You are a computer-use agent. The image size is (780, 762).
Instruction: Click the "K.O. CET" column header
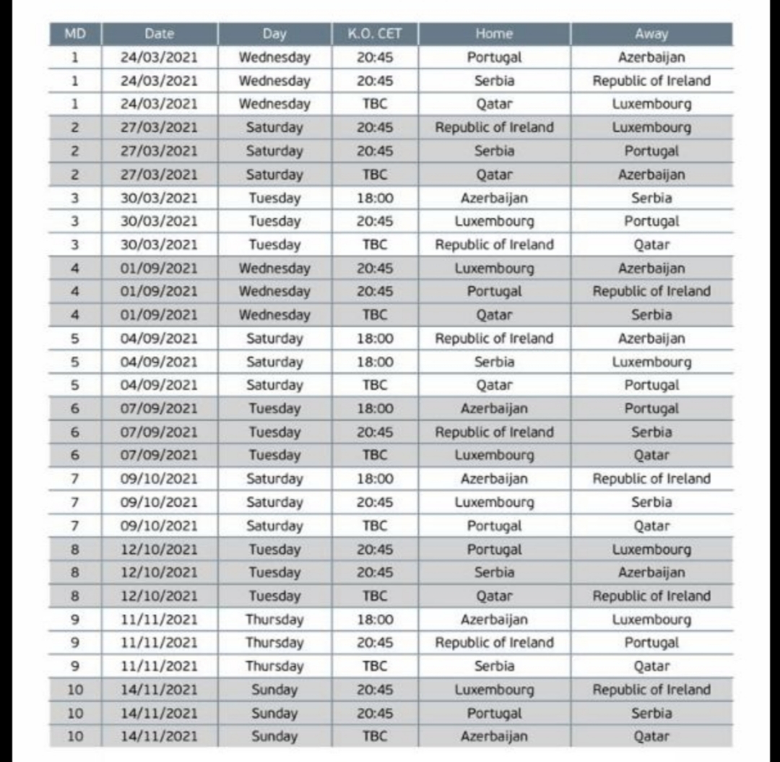(x=374, y=34)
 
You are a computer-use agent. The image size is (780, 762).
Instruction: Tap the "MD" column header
(x=75, y=34)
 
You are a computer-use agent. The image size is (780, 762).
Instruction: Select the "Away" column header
(x=651, y=34)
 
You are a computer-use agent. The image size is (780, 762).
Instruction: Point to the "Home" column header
(x=494, y=34)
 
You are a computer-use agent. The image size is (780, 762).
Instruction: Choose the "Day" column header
(x=274, y=34)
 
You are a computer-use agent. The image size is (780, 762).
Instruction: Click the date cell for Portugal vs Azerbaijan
(x=159, y=57)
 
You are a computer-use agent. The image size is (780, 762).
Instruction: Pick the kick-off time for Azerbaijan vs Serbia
(x=374, y=198)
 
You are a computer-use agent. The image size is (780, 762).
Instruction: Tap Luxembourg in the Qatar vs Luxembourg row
(x=651, y=104)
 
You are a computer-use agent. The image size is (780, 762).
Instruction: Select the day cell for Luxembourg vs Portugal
(x=274, y=221)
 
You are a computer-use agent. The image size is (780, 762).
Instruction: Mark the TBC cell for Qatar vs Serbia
(x=374, y=315)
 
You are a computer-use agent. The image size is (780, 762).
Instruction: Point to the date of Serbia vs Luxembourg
(x=159, y=362)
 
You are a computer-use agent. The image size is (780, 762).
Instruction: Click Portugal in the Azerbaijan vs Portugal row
(x=651, y=408)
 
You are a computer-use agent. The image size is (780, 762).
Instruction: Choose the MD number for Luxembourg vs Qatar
(x=75, y=455)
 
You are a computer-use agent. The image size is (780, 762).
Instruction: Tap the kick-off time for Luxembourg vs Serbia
(x=374, y=502)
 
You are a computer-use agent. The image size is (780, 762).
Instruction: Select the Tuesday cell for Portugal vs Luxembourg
(x=274, y=549)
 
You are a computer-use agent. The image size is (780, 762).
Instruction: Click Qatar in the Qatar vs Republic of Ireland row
(x=494, y=596)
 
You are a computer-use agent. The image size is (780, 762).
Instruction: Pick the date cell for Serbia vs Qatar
(x=159, y=666)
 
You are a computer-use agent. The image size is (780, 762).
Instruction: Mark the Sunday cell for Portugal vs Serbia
(x=274, y=713)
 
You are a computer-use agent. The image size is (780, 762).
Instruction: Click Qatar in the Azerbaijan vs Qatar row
(x=651, y=736)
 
